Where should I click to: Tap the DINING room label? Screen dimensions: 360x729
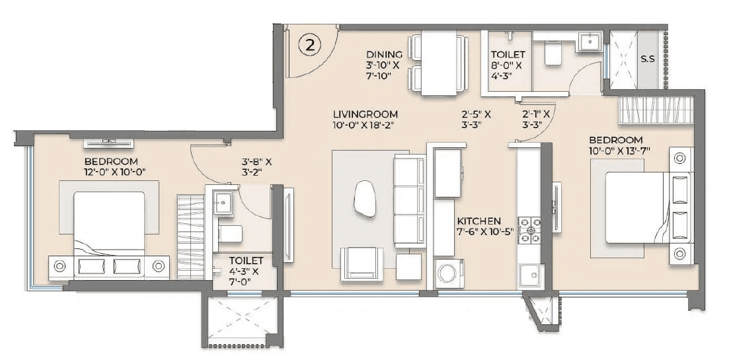(384, 54)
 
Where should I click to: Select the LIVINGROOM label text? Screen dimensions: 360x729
(365, 114)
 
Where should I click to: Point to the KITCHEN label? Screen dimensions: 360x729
(479, 221)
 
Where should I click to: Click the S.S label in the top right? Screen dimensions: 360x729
(647, 59)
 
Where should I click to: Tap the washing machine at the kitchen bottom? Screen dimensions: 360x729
(450, 273)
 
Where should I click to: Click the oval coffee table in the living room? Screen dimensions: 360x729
(364, 199)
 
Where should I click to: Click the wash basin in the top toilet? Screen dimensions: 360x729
(588, 42)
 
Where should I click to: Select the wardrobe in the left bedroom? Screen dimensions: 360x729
(190, 236)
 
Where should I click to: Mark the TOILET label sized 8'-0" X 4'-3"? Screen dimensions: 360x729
(508, 54)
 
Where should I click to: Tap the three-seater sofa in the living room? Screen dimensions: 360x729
(409, 201)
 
